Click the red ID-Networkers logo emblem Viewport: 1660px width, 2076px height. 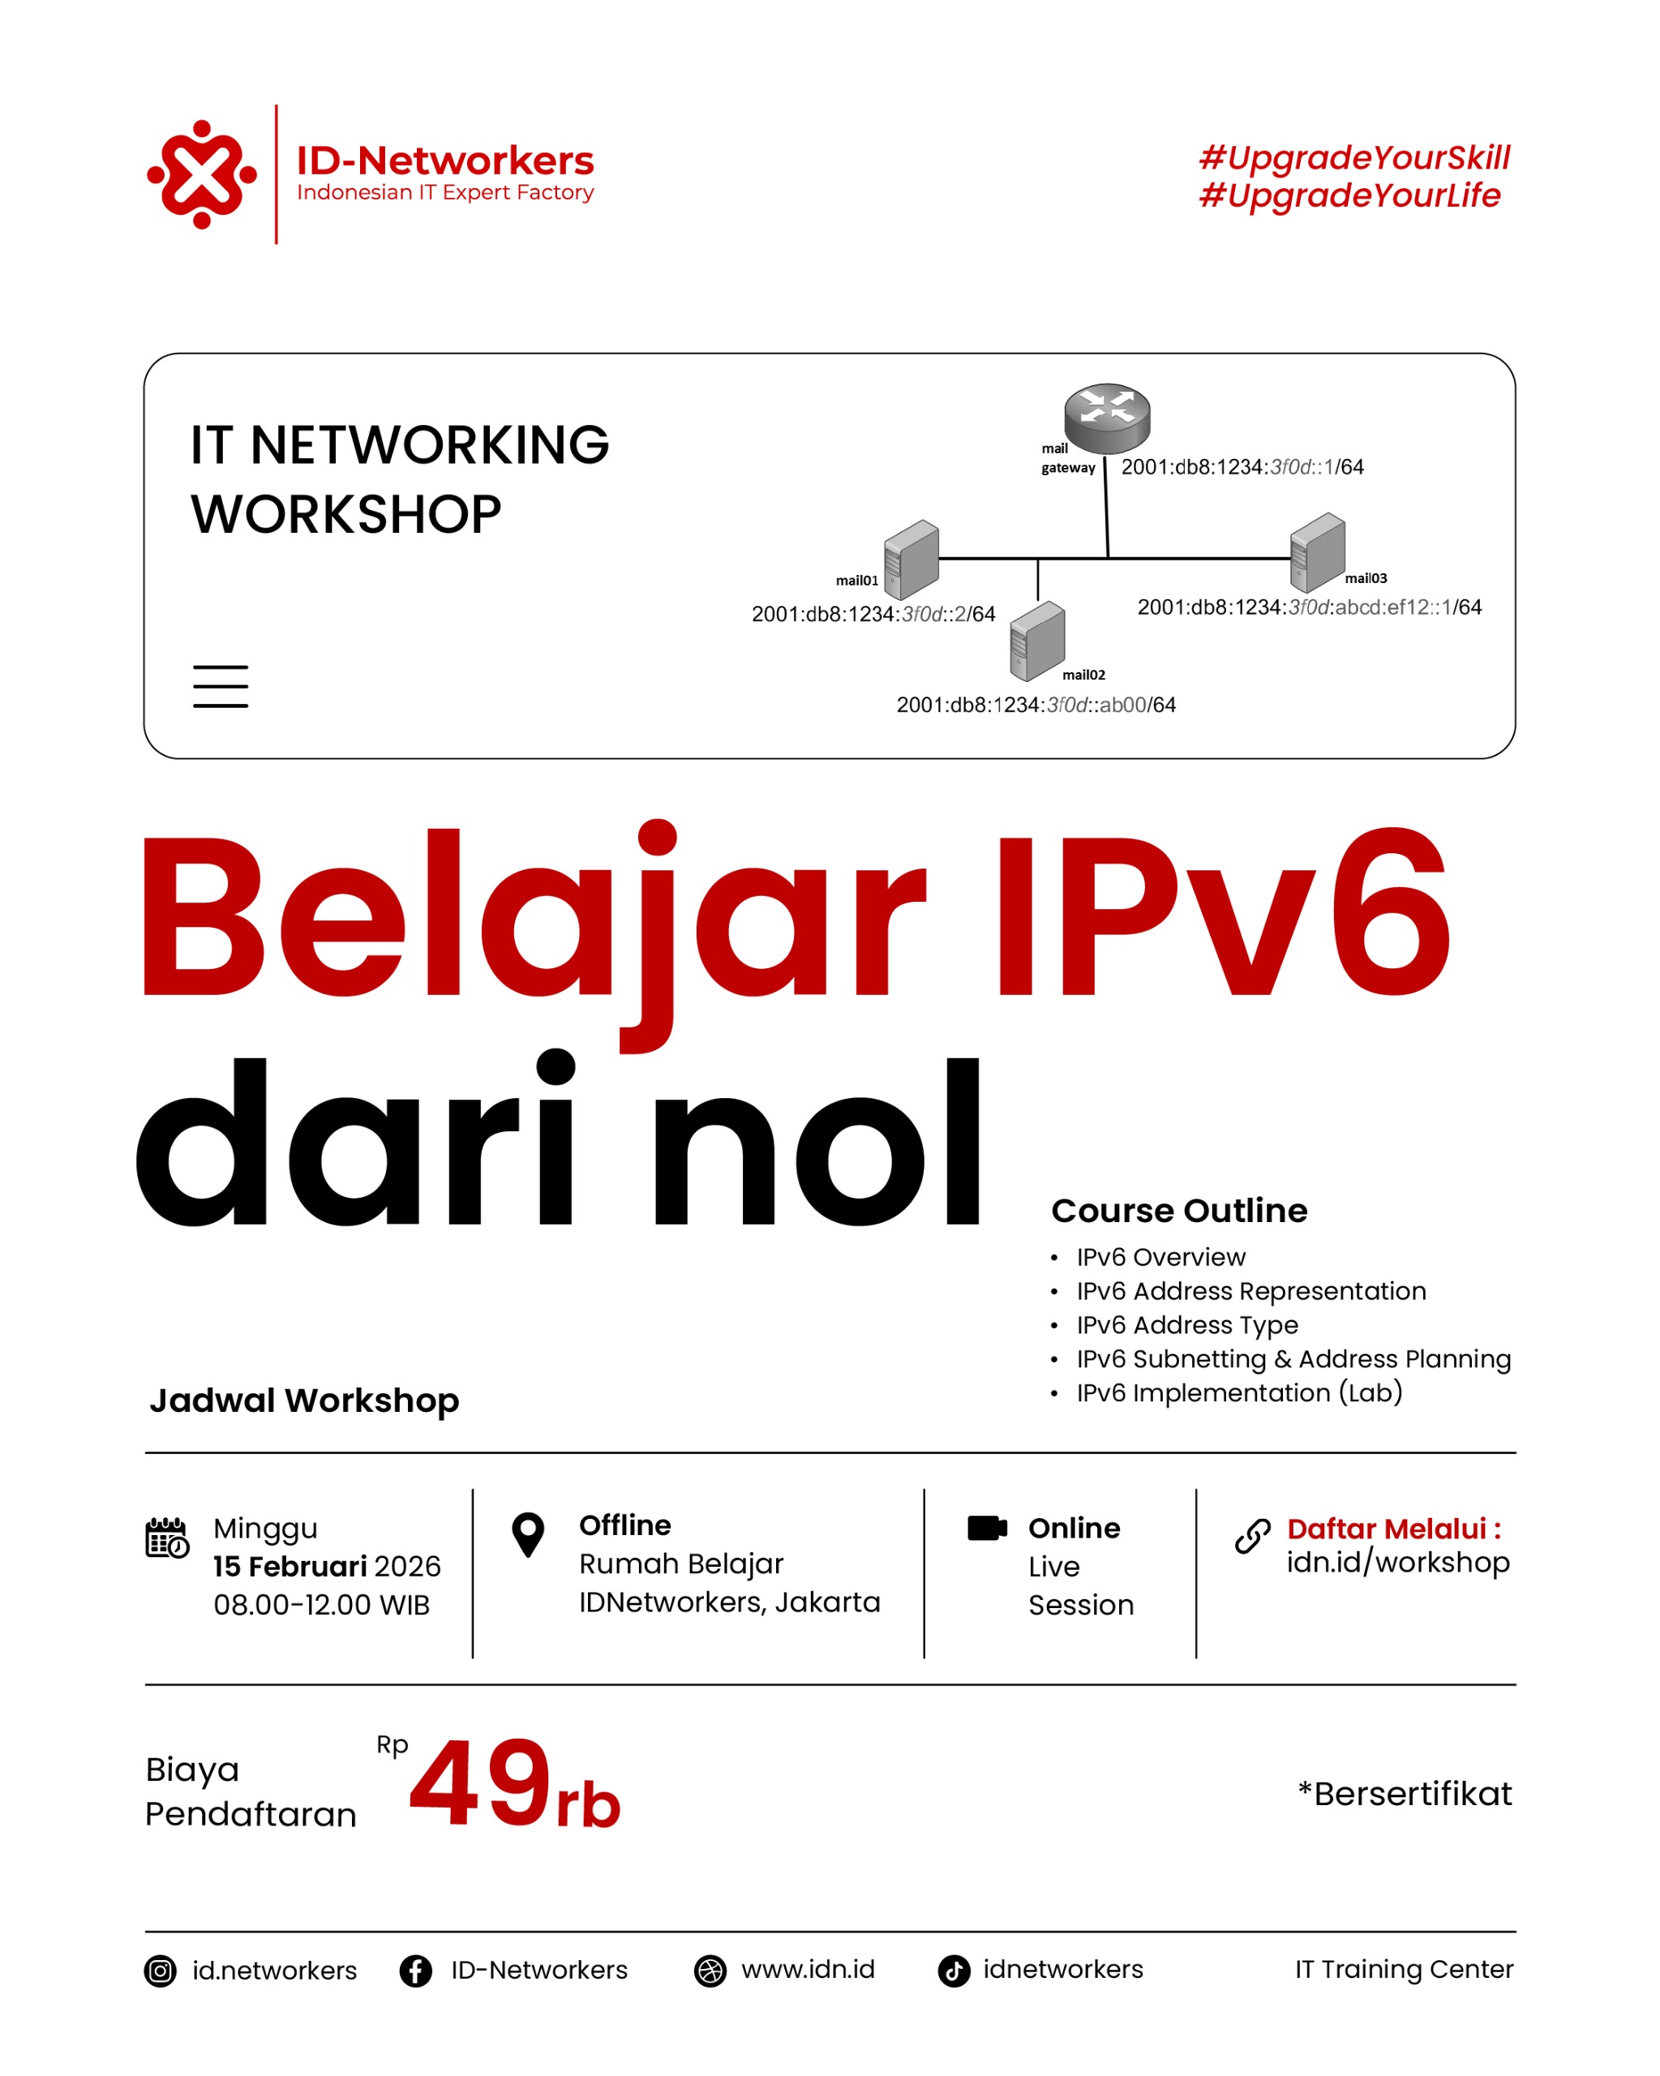(x=201, y=174)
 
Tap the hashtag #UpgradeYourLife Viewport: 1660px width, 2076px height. (x=1349, y=195)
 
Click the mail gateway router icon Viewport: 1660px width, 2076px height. (x=1106, y=418)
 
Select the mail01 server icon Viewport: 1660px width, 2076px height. (x=911, y=560)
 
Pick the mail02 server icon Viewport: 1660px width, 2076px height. (x=1037, y=641)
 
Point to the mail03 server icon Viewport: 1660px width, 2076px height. (x=1316, y=551)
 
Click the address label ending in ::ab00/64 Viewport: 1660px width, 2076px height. (x=1036, y=705)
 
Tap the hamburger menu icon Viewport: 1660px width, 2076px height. (x=221, y=687)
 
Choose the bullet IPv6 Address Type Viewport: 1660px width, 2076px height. (x=1187, y=1325)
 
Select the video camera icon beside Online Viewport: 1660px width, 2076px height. (x=987, y=1528)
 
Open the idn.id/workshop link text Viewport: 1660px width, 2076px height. (x=1398, y=1563)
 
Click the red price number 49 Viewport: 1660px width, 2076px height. (x=480, y=1782)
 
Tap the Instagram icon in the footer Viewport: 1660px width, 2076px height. (x=161, y=1971)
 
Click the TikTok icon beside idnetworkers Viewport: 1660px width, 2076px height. (x=954, y=1971)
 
